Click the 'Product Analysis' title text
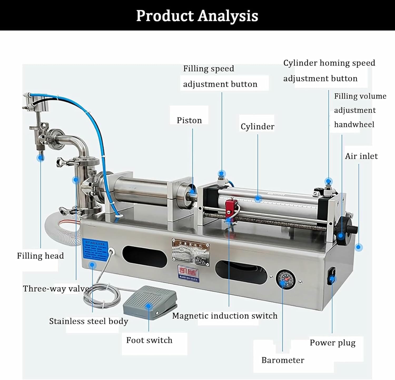coord(197,16)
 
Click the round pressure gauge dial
coord(285,280)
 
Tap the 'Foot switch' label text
coord(149,340)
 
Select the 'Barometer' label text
coord(283,360)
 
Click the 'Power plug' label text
coord(332,343)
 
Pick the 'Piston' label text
coord(189,120)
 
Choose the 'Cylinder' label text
coord(257,126)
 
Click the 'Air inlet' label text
coord(361,156)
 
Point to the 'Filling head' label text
coord(40,256)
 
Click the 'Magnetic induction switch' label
coord(225,316)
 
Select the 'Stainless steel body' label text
coord(88,321)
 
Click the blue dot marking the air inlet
coord(358,247)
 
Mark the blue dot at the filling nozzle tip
coord(41,157)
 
